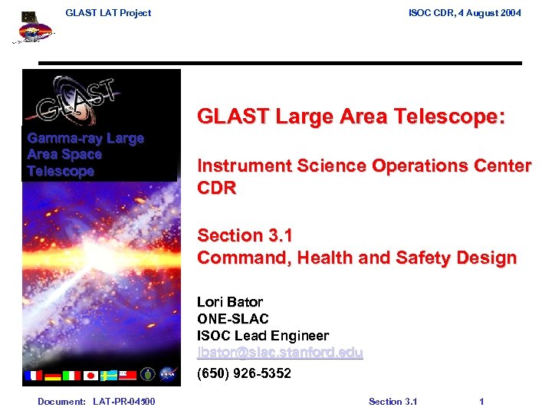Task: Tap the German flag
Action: (52, 376)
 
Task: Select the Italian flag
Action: (71, 376)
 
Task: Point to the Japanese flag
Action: (90, 376)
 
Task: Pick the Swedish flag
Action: (109, 376)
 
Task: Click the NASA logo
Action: (168, 375)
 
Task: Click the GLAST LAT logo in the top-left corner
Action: (32, 29)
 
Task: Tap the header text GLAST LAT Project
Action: (108, 12)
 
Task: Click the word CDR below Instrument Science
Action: (217, 188)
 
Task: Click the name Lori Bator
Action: (230, 302)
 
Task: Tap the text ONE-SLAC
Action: (233, 319)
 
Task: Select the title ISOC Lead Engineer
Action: (263, 336)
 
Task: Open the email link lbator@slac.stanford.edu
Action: (280, 353)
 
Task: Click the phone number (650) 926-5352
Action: (244, 373)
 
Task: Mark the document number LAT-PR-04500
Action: (123, 402)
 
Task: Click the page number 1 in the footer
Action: (481, 402)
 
